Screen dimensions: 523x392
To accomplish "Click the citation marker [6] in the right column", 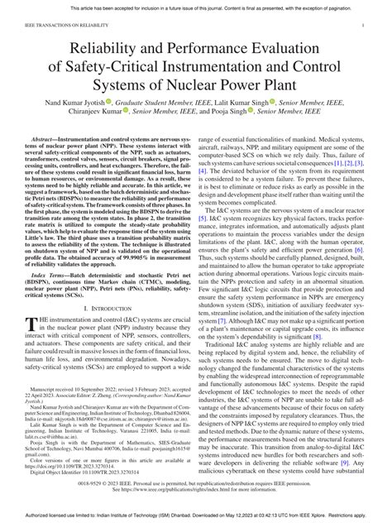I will pos(356,249).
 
